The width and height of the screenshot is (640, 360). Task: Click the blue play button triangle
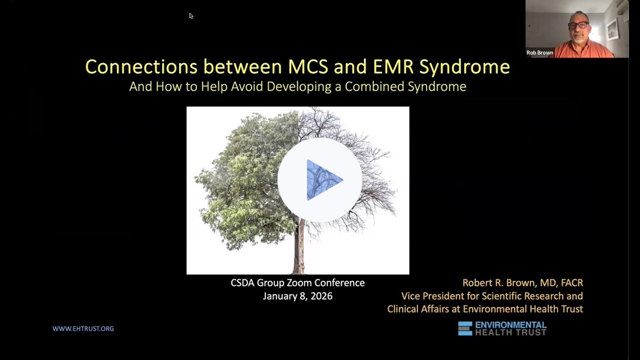(x=322, y=180)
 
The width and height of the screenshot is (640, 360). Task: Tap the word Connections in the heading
(x=141, y=66)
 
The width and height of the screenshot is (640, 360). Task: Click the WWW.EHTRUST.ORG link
(x=83, y=328)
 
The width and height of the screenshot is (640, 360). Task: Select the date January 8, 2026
(x=297, y=296)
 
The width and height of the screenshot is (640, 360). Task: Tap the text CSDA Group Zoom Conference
(x=297, y=283)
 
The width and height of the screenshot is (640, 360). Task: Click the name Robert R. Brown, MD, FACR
(x=522, y=283)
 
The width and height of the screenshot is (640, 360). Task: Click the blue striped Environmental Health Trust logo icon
(x=465, y=328)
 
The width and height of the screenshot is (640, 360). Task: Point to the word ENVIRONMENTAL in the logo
(x=510, y=325)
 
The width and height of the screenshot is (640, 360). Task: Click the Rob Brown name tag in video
(x=540, y=52)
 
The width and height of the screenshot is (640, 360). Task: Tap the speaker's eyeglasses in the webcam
(x=578, y=25)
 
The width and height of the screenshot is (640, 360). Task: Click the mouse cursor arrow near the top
(x=191, y=16)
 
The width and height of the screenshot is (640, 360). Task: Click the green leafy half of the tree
(x=245, y=180)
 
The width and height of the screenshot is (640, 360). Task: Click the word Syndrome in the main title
(x=464, y=66)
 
